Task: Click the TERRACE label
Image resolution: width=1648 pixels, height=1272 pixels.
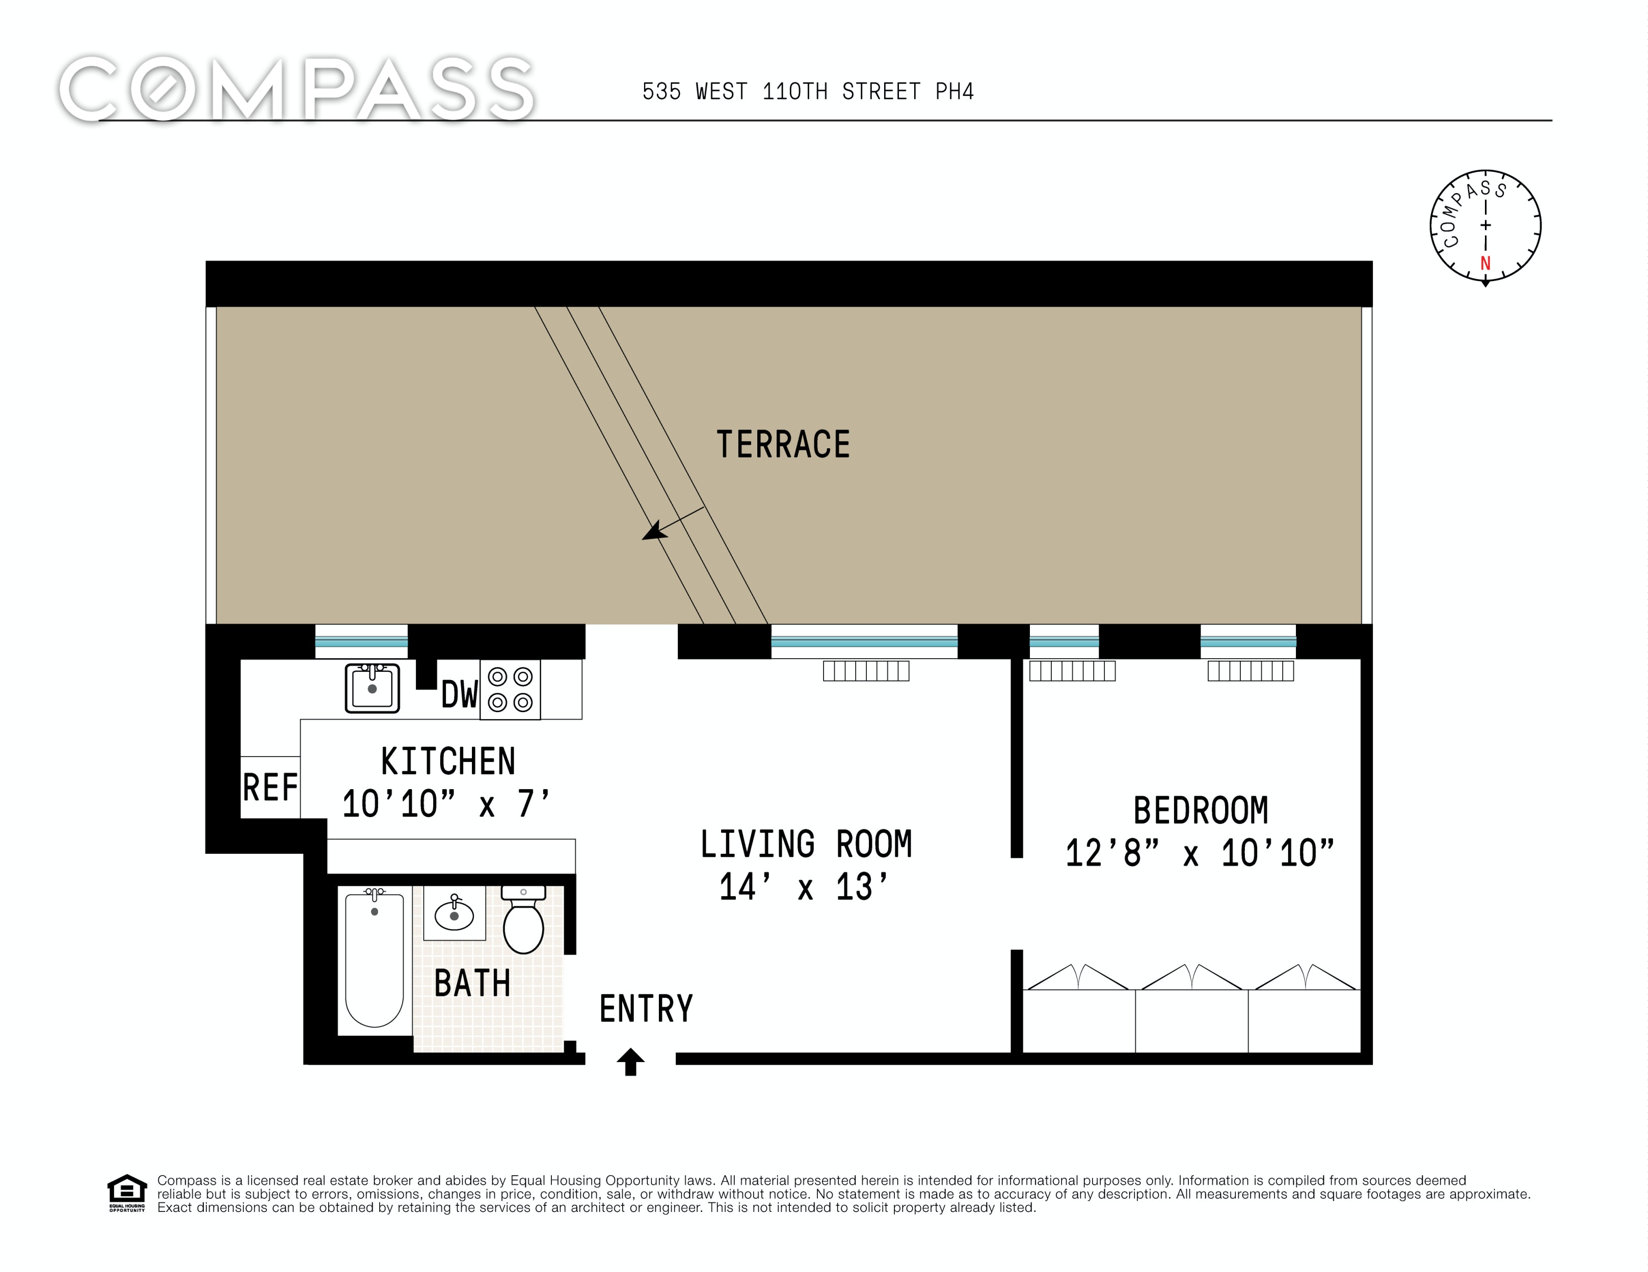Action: click(x=783, y=444)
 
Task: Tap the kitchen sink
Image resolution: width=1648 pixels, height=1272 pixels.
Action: click(x=372, y=687)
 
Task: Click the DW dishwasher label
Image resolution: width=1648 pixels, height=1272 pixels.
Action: click(x=460, y=694)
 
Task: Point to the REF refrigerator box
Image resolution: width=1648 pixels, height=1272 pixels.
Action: click(x=270, y=787)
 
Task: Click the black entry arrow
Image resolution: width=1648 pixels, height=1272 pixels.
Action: click(x=631, y=1062)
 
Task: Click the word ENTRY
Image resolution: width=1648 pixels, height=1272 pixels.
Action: click(x=646, y=1009)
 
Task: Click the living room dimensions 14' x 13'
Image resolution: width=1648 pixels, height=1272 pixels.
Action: click(x=804, y=886)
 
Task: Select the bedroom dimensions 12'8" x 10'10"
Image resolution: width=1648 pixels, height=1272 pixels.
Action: click(x=1200, y=853)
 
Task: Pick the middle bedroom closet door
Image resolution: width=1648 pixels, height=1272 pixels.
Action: click(x=1191, y=977)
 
